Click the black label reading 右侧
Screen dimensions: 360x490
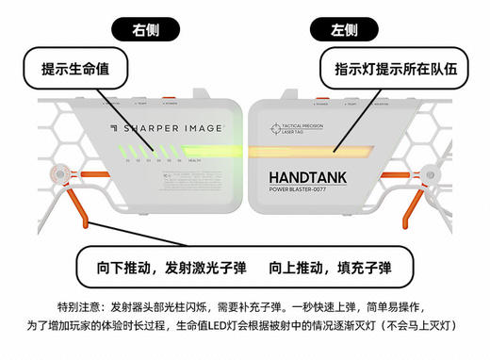(145, 29)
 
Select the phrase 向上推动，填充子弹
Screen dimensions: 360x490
(330, 268)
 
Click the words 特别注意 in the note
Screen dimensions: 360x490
(78, 308)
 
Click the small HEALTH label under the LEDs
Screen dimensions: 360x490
(195, 162)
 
